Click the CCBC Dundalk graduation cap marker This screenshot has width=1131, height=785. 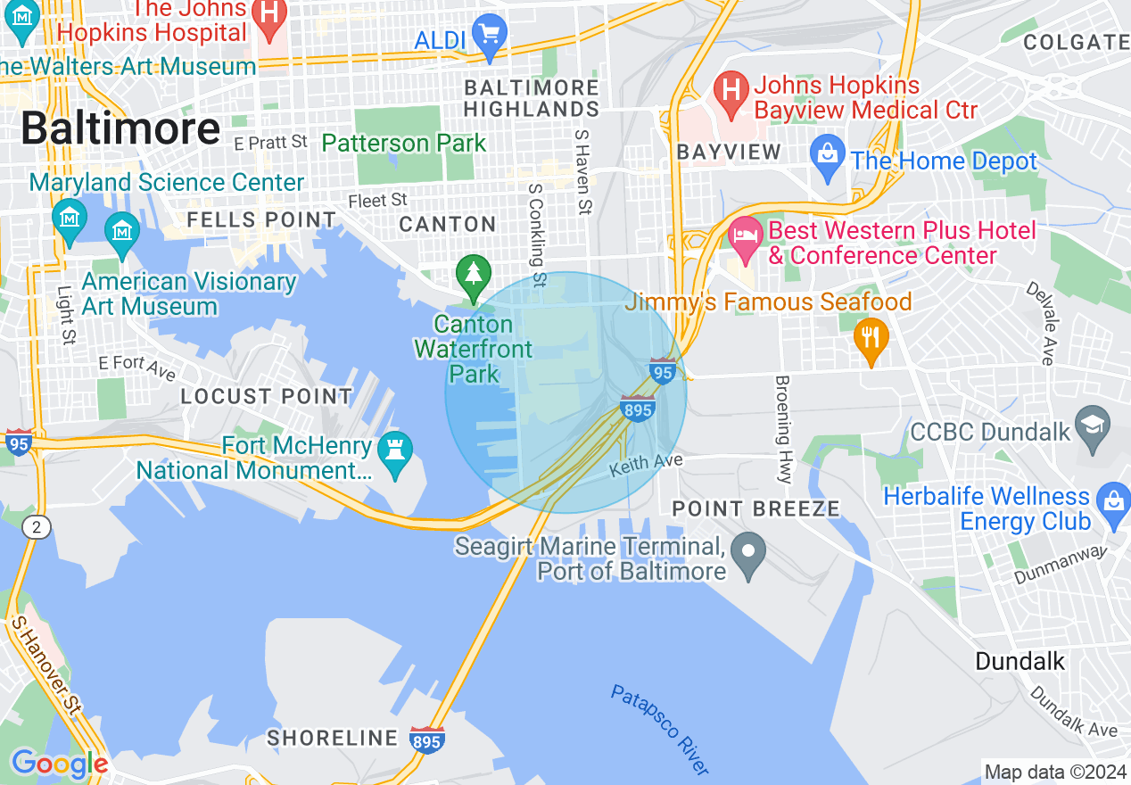pos(1093,425)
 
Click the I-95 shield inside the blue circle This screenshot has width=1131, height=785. pos(662,370)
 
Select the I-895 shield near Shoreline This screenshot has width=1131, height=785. pos(428,739)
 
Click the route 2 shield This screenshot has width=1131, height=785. pos(37,528)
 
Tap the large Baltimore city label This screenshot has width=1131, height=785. pos(120,129)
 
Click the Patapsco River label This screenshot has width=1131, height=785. pos(661,730)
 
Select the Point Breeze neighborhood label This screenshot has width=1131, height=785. pos(755,509)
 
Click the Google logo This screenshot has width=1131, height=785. pos(59,764)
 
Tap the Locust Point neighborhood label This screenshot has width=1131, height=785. pos(267,396)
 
